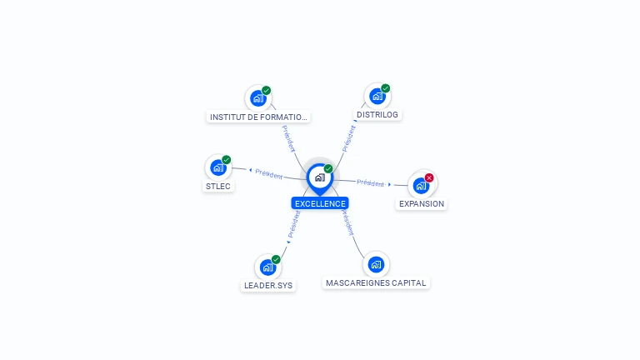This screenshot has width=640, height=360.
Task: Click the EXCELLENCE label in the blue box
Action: [x=320, y=203]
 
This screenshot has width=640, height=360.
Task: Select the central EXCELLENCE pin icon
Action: [x=319, y=177]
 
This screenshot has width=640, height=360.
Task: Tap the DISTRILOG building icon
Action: [x=377, y=97]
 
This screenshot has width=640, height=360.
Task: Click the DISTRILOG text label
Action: [x=377, y=115]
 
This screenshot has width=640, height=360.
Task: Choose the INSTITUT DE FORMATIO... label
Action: [x=258, y=117]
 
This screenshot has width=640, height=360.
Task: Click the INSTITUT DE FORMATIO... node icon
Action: [x=257, y=98]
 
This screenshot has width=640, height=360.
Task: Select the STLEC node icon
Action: [x=218, y=167]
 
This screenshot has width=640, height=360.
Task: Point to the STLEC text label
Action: [x=218, y=187]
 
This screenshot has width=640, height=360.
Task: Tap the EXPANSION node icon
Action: [x=421, y=185]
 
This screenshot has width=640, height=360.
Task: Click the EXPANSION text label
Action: [x=422, y=204]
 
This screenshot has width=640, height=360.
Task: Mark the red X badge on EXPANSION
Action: [x=429, y=177]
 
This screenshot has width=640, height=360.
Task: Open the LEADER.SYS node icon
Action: [x=267, y=267]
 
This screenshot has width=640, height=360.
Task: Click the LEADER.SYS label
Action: [x=268, y=286]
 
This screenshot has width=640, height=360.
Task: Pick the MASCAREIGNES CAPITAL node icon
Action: [x=376, y=265]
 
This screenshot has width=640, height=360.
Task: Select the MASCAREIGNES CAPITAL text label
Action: [x=376, y=283]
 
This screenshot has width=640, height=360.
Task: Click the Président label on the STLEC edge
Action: [x=269, y=174]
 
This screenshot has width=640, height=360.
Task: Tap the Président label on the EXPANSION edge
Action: [x=370, y=183]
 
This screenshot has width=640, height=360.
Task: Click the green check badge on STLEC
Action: [x=227, y=160]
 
